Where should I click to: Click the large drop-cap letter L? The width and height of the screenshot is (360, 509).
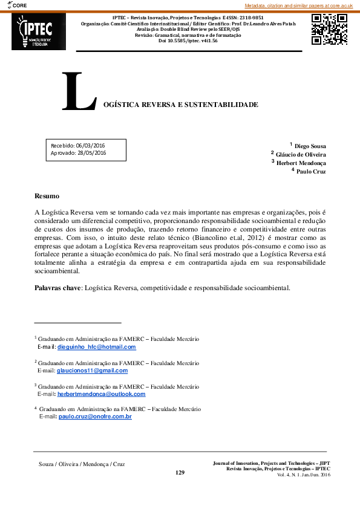coord(79,92)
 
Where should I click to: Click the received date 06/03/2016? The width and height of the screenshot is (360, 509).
coord(91,146)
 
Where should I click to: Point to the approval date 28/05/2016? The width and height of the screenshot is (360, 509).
coord(92,154)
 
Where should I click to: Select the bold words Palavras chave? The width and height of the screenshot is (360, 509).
coord(57,288)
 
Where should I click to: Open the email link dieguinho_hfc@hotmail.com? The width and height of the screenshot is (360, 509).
coord(97,348)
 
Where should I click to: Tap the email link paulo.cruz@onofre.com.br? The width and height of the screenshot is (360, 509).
coord(95,417)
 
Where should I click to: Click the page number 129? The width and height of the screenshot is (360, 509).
coord(180,472)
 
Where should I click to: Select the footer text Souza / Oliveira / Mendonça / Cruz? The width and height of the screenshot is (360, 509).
coord(82,464)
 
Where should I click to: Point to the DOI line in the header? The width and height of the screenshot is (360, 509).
coord(188,41)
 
